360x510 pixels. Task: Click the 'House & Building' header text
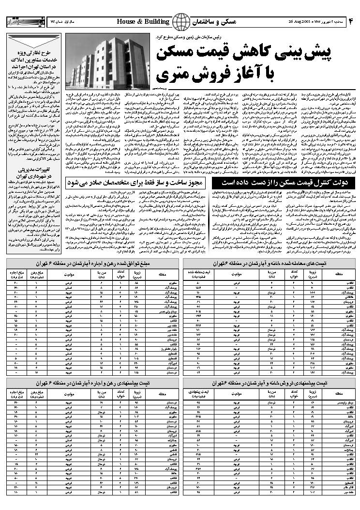point(143,22)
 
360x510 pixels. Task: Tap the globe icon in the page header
point(182,22)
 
